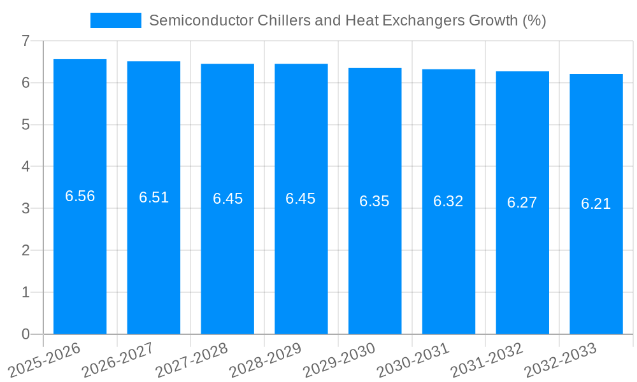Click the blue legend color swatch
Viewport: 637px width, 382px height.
tap(116, 20)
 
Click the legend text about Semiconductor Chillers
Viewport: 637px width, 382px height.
tap(347, 20)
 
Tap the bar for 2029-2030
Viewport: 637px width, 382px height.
tap(375, 267)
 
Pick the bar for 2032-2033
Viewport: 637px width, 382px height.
tap(596, 267)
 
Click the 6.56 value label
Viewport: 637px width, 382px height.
tap(80, 196)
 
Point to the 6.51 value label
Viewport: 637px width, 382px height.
tap(154, 197)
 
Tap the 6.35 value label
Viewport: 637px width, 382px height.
tap(375, 201)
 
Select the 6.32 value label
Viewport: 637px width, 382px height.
tap(448, 201)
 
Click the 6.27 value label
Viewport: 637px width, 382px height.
tap(522, 202)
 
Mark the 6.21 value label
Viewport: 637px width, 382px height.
tap(596, 204)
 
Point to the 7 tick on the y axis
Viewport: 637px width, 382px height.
tap(25, 41)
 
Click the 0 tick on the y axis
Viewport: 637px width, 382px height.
tap(25, 334)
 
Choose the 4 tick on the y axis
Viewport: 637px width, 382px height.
tap(25, 167)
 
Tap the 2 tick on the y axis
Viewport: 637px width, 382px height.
tap(25, 250)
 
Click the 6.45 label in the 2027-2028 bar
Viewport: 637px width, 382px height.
tap(227, 199)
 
